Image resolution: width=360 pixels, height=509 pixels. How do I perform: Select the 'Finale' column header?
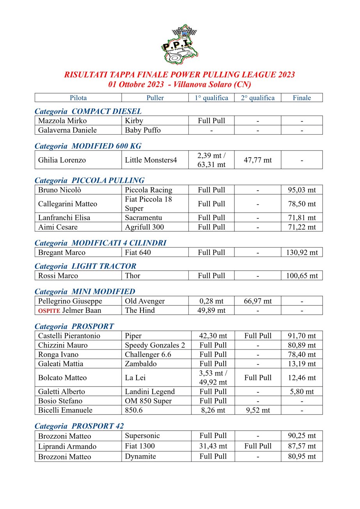(301, 98)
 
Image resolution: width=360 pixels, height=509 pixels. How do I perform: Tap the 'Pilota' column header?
(78, 98)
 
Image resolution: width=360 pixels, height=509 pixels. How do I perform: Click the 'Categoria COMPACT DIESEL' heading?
(88, 111)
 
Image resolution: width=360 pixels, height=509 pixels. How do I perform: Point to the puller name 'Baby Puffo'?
(143, 130)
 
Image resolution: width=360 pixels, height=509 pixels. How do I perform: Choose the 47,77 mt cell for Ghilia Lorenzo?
(257, 160)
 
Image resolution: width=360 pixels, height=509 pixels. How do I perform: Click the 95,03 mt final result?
(302, 190)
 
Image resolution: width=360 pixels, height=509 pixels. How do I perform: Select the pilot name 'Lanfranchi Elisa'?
(64, 218)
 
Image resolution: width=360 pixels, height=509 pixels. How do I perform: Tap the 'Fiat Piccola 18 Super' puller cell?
(148, 204)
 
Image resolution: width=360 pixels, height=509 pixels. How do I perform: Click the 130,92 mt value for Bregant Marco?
(302, 252)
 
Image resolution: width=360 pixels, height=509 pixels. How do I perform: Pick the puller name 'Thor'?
(133, 276)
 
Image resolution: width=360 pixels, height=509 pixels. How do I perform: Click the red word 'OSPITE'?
(49, 311)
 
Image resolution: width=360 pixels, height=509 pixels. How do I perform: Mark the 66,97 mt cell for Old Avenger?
(257, 301)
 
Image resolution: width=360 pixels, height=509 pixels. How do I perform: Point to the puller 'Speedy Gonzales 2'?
(155, 345)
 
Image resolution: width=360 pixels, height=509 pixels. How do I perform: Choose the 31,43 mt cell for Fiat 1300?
(213, 446)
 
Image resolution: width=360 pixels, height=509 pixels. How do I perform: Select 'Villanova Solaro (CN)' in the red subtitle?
(213, 84)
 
